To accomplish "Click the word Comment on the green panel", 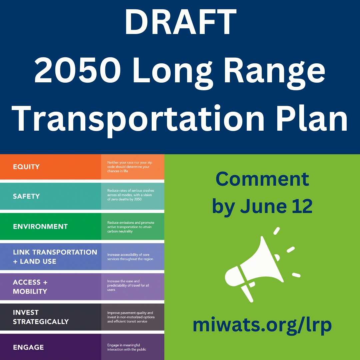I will click(262, 179).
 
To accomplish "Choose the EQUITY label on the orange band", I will click(26, 167).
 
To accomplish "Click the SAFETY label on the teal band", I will click(26, 196).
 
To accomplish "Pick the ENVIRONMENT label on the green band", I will click(40, 227).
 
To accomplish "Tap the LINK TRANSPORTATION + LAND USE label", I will click(55, 257).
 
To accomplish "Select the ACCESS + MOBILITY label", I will click(30, 287).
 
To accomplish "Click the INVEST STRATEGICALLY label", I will click(41, 317).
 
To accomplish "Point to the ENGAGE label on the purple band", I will click(28, 347).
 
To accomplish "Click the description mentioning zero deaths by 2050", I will click(131, 195).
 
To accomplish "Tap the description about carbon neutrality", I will click(131, 227).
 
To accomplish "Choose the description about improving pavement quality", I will click(131, 317).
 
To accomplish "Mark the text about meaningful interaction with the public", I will click(127, 347).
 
